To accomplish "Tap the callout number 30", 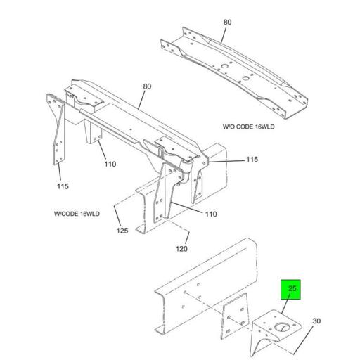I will point(316,321).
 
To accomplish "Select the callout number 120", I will point(181,249).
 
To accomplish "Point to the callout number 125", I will point(123,230).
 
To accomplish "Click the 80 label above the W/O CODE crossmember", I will point(227,22).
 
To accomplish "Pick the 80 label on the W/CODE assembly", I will point(147,87).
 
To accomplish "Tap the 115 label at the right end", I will point(252,160).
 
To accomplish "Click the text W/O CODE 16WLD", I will point(249,127).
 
